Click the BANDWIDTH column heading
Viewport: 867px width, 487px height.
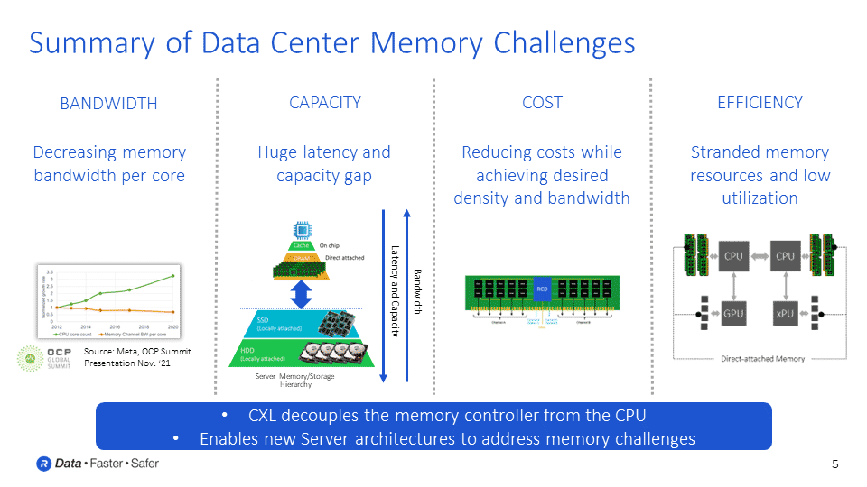pyautogui.click(x=108, y=104)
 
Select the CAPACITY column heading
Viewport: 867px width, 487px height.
pyautogui.click(x=325, y=103)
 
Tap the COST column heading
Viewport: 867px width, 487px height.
pyautogui.click(x=542, y=103)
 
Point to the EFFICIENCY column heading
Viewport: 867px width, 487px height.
pyautogui.click(x=760, y=103)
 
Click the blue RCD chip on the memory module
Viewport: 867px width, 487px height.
pyautogui.click(x=542, y=290)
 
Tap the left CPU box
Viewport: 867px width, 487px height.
pyautogui.click(x=732, y=256)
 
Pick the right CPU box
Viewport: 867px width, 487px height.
pyautogui.click(x=785, y=256)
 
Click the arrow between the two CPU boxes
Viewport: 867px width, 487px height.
pyautogui.click(x=759, y=256)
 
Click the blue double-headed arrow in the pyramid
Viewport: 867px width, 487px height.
pyautogui.click(x=302, y=292)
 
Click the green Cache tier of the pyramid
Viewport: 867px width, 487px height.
pyautogui.click(x=301, y=245)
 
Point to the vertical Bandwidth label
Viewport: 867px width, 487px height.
pyautogui.click(x=417, y=290)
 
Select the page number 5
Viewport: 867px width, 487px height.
pyautogui.click(x=834, y=464)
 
